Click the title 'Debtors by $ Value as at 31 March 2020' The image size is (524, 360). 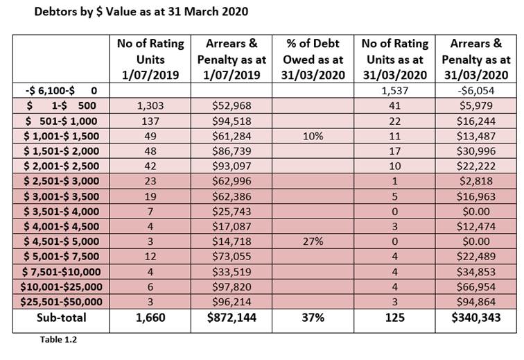(141, 12)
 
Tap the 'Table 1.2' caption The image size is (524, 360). (58, 340)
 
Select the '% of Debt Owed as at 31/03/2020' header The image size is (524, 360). (313, 59)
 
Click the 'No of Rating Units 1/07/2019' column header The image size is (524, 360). (150, 59)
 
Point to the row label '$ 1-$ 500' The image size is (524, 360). (61, 105)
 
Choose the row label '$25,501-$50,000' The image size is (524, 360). (61, 302)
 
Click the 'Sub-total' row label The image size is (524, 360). (62, 318)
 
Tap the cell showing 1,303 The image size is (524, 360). (150, 105)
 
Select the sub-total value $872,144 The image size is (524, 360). (232, 318)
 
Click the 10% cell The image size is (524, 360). (313, 136)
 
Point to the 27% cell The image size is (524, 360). (313, 241)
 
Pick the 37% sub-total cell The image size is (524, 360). (313, 318)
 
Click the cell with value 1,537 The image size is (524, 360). (394, 91)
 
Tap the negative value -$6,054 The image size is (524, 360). (476, 91)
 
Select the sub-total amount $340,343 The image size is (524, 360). (476, 318)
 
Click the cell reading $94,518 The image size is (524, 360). (232, 121)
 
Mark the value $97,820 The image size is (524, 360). (232, 286)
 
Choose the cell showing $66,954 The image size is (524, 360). (476, 286)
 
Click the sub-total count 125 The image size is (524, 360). (394, 318)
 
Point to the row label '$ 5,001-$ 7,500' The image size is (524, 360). (61, 257)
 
